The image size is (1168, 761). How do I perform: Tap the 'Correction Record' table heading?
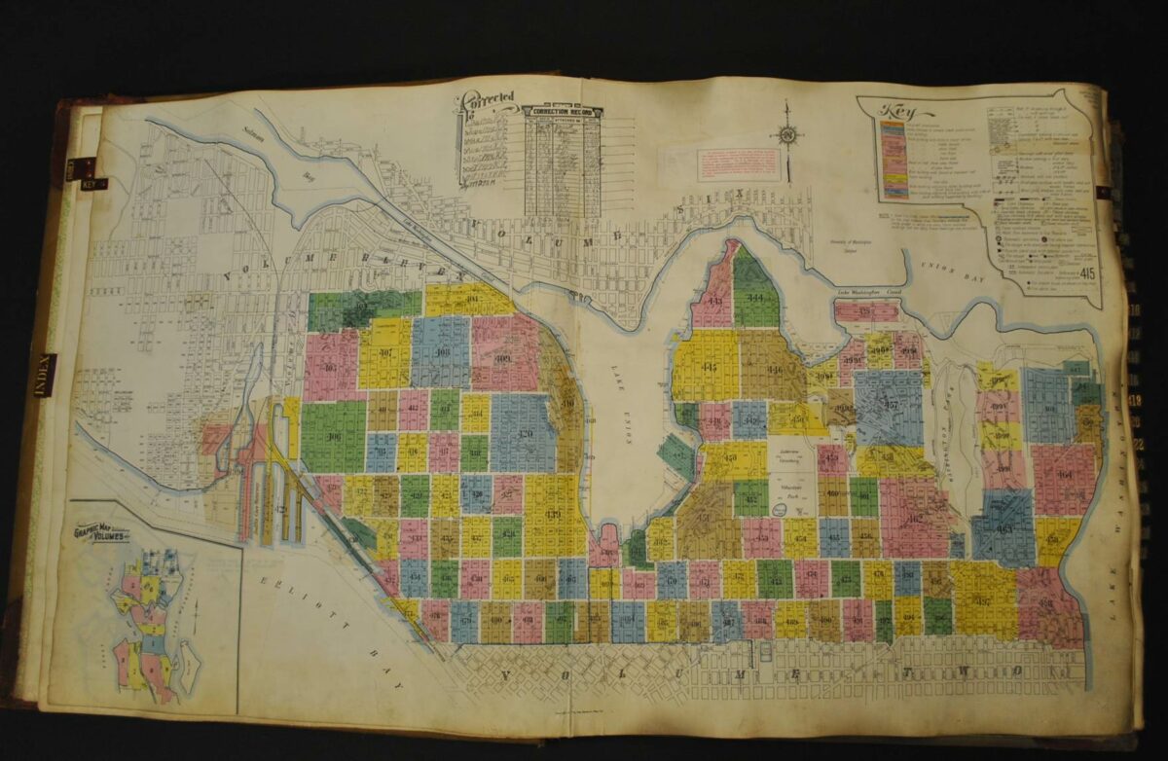click(564, 112)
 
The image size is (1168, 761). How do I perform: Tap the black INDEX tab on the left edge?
click(44, 375)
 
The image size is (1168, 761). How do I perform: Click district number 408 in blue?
click(441, 352)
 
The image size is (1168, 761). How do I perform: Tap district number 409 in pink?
click(504, 358)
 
